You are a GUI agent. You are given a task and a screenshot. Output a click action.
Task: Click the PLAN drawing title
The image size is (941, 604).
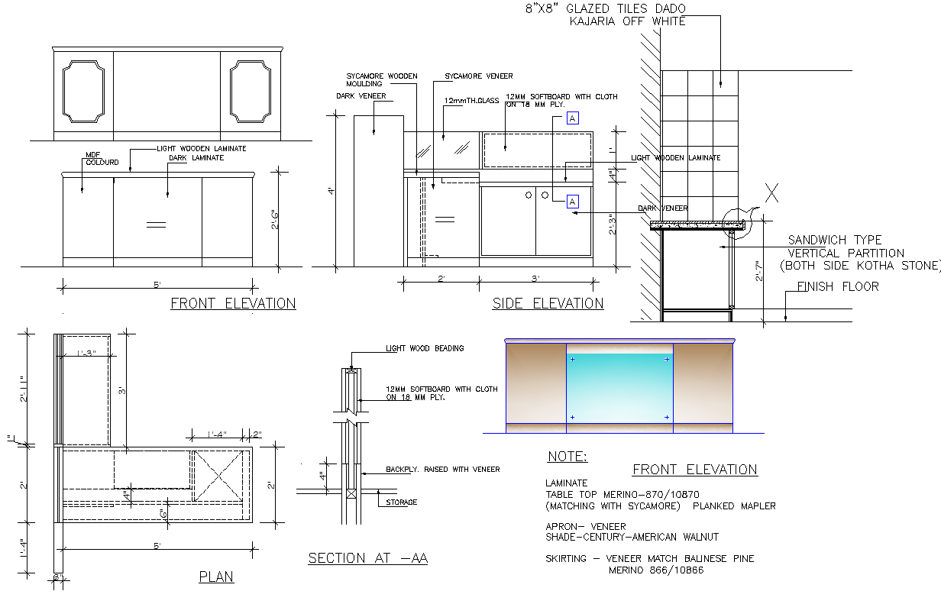point(216,577)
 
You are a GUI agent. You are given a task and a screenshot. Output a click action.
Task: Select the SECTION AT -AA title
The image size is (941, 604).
point(367,558)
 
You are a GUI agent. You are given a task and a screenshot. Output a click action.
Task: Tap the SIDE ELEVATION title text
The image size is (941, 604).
point(548,303)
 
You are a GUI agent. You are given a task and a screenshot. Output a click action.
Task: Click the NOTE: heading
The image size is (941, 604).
point(567,457)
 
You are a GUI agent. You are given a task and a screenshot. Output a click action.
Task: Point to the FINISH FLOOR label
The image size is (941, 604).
point(838,287)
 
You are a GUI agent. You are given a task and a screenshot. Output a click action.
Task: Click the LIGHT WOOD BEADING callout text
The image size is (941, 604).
point(424,348)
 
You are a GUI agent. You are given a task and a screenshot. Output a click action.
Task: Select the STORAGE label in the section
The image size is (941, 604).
point(401,502)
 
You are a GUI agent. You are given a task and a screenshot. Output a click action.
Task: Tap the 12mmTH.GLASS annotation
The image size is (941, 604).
point(470,100)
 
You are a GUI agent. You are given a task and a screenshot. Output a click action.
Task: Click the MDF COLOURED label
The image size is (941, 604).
point(102,159)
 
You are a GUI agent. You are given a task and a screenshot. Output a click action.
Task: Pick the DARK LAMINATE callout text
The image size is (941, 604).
point(196,158)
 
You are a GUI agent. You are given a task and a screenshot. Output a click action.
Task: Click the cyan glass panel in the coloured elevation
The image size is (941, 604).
point(619,388)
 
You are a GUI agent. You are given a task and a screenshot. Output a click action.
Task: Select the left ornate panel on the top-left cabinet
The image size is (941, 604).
point(83,92)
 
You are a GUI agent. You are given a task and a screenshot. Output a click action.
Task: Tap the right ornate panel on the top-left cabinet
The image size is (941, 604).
point(251,92)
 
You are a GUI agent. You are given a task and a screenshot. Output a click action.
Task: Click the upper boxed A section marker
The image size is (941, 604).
point(573,118)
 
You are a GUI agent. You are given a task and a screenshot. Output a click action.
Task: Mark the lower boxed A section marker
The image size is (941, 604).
point(573,202)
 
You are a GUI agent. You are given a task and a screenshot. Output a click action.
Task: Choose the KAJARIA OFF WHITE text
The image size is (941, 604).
point(627,21)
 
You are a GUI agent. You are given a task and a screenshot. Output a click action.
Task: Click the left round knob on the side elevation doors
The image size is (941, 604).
point(528,195)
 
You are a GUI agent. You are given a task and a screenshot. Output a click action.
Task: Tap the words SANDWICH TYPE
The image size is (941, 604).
point(834,240)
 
